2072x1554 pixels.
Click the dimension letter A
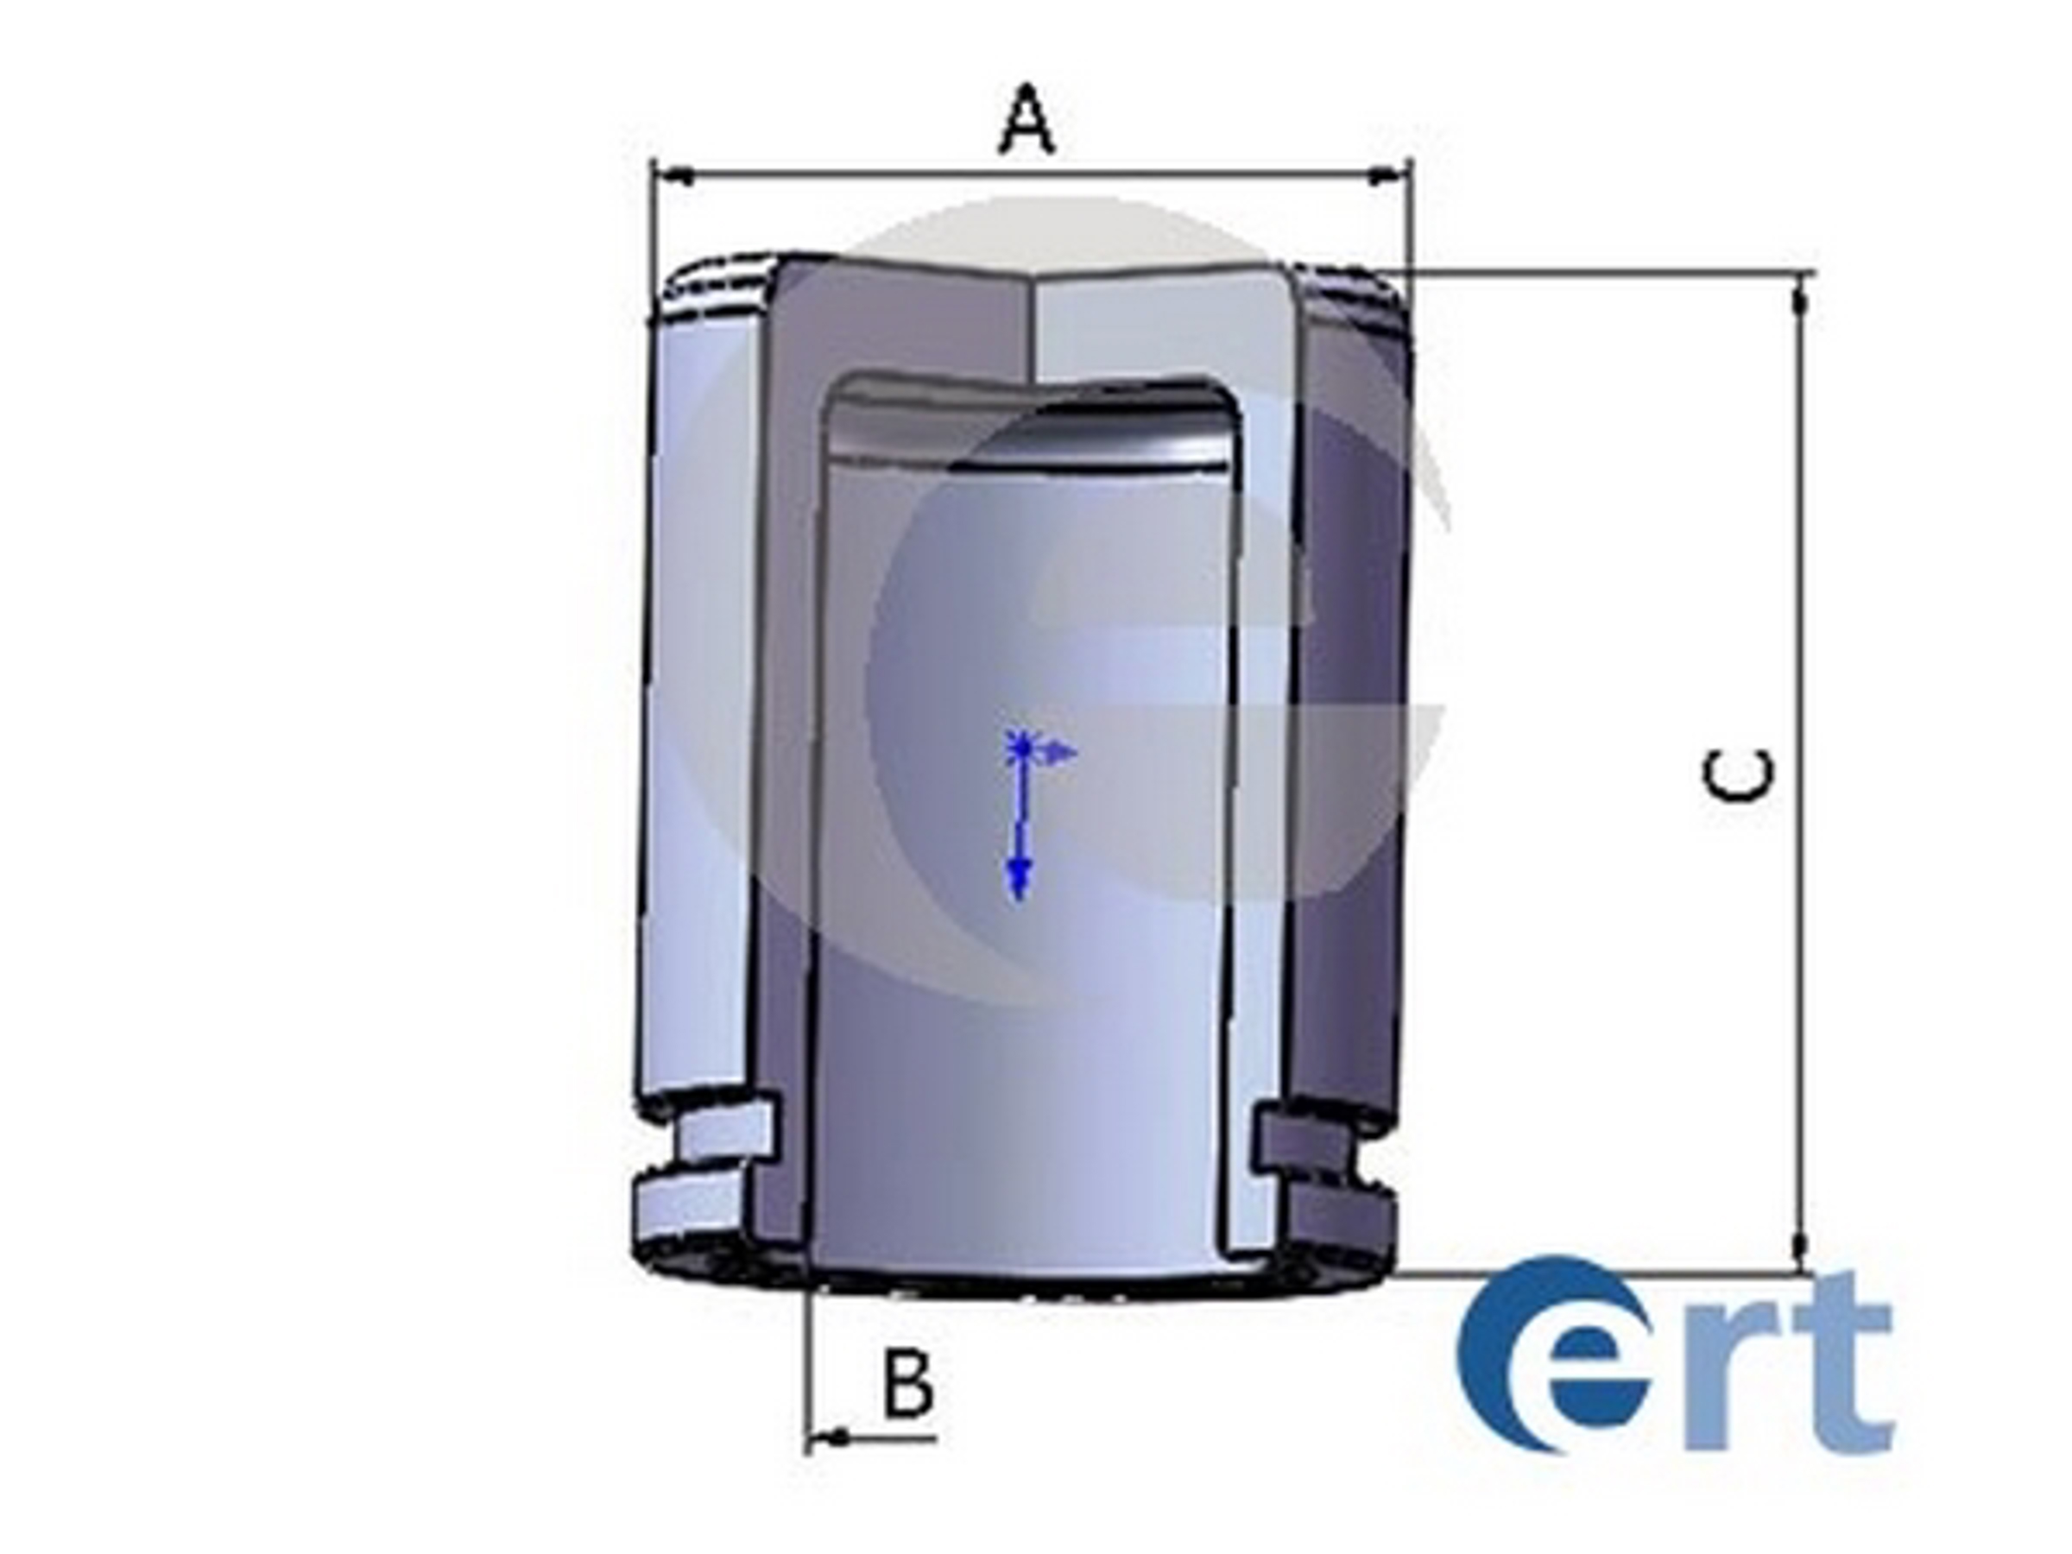click(x=1027, y=119)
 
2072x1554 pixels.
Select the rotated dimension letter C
click(x=1738, y=776)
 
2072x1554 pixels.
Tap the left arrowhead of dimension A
click(x=674, y=175)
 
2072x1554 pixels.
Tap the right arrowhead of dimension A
click(x=1388, y=175)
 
